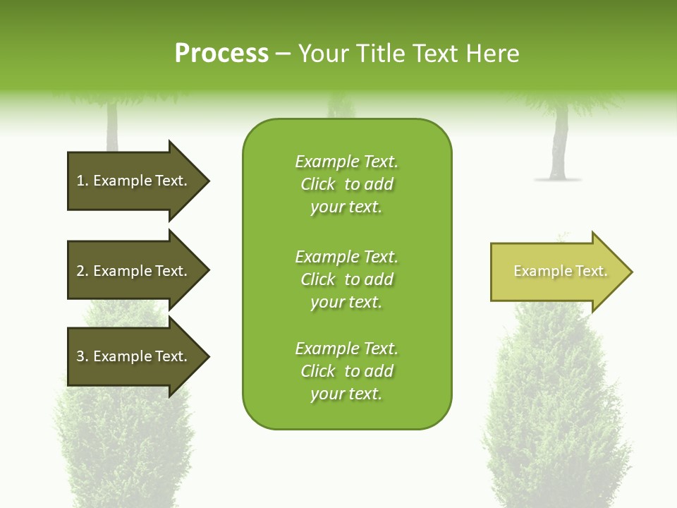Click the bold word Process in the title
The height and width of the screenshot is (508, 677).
[x=221, y=54]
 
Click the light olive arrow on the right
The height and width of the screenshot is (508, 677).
[x=557, y=272]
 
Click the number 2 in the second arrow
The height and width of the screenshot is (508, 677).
[x=80, y=271]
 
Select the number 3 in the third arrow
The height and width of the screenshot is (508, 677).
[x=80, y=356]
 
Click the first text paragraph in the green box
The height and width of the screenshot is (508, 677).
[x=346, y=184]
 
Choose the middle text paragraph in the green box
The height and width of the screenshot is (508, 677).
[x=346, y=279]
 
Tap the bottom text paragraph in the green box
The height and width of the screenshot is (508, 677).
[x=346, y=371]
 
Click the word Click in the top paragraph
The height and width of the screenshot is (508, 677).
[x=318, y=184]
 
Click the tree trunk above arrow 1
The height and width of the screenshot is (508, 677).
[x=112, y=127]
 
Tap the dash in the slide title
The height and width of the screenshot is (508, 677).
[x=283, y=54]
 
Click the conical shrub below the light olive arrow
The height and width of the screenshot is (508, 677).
[x=557, y=409]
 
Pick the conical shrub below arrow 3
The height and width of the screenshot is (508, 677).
[x=123, y=437]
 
